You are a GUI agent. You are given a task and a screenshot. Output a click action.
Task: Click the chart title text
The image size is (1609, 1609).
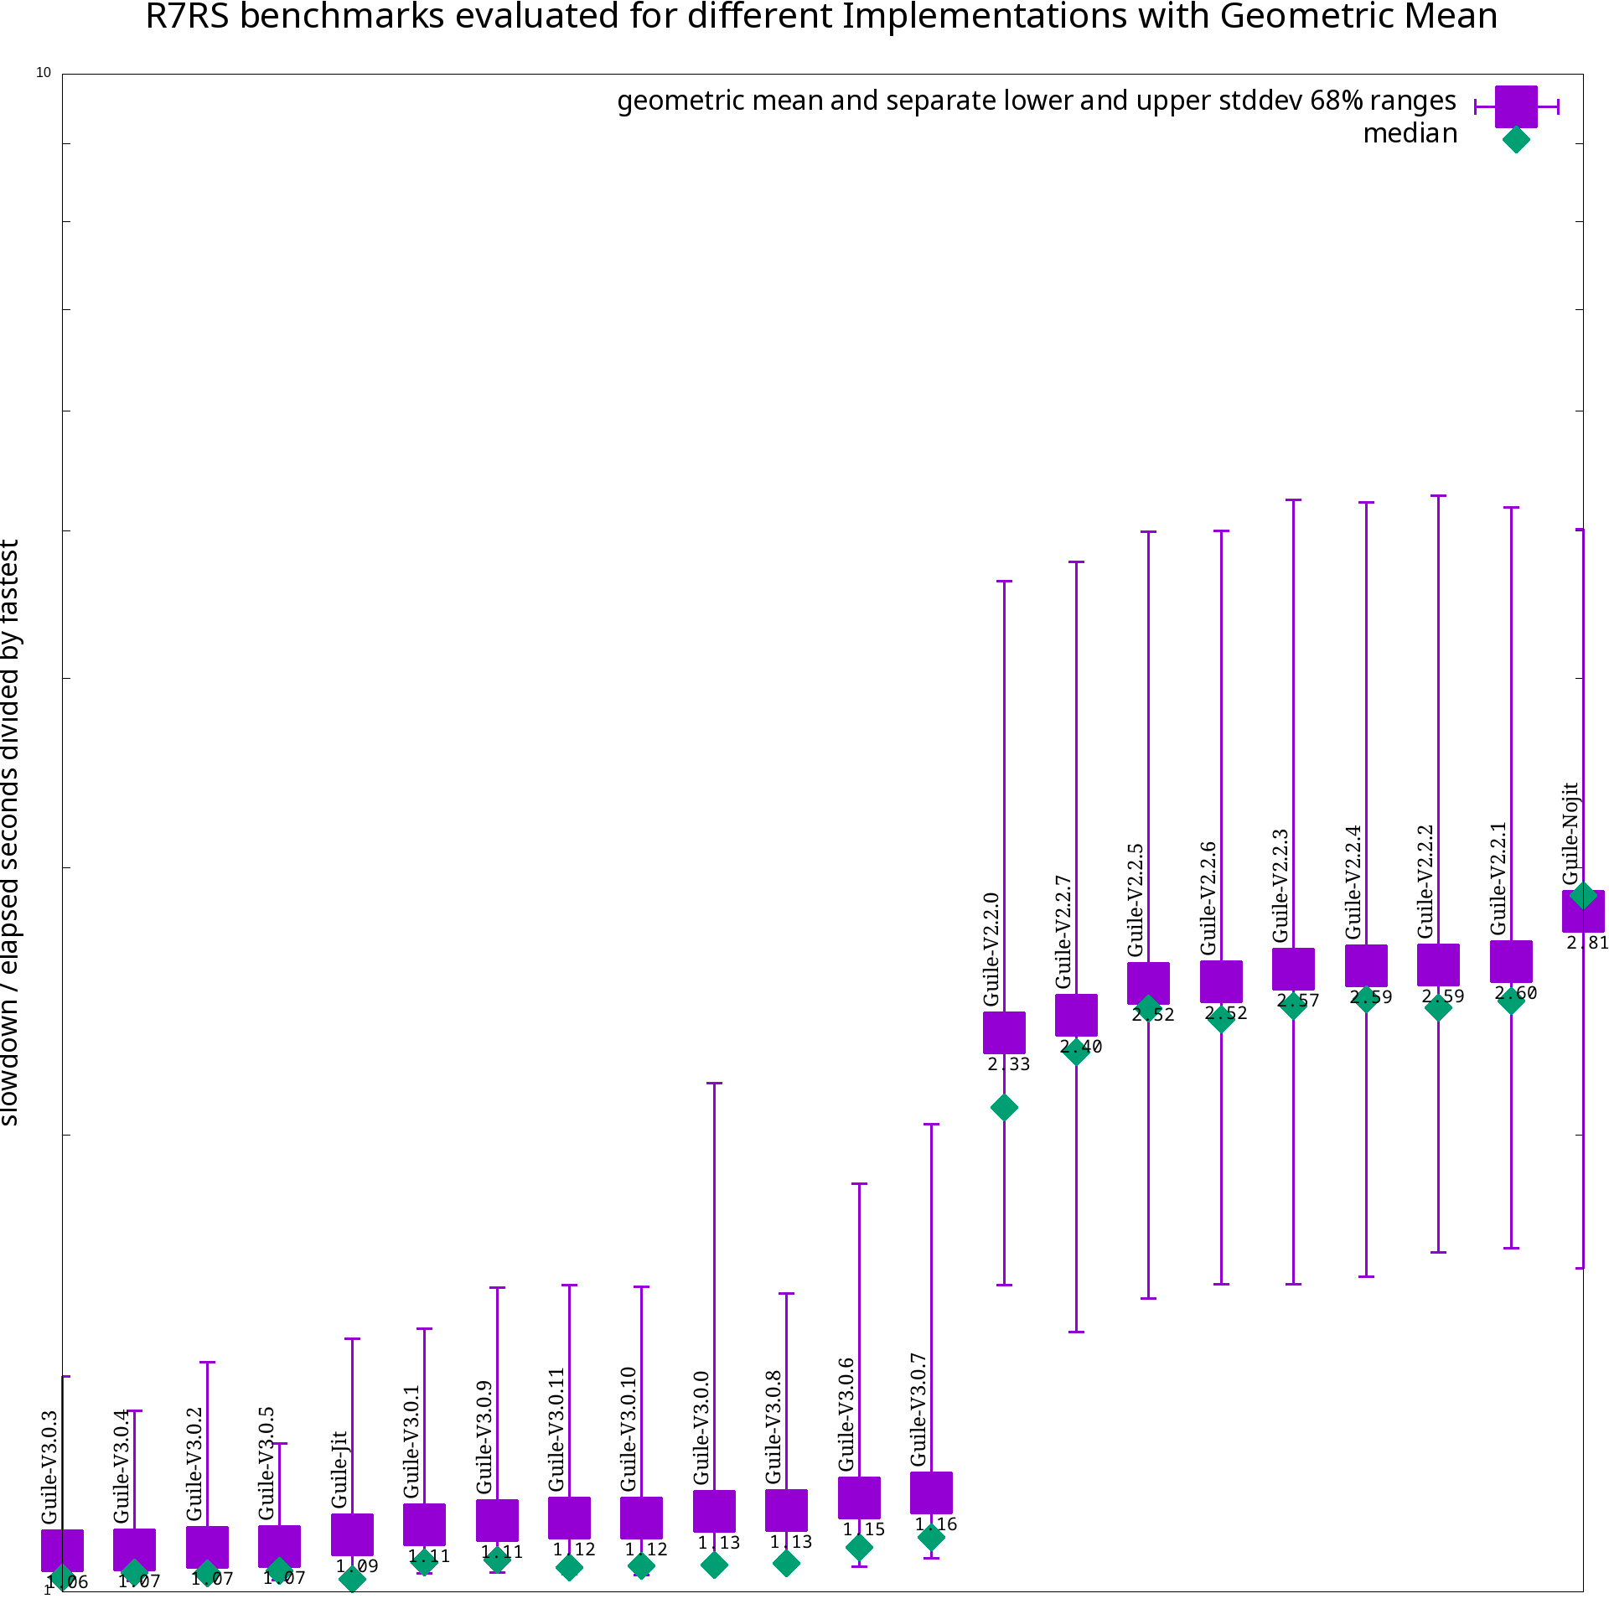(821, 17)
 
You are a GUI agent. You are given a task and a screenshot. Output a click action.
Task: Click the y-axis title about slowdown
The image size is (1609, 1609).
(10, 832)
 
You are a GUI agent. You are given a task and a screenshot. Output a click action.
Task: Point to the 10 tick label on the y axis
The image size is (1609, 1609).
(44, 74)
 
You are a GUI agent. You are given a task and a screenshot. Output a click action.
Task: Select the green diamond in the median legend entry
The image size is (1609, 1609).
(1516, 140)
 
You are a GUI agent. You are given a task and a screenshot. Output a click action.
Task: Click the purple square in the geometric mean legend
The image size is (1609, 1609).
(1516, 106)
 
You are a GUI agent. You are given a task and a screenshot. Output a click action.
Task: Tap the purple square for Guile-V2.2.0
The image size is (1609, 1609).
(1004, 1032)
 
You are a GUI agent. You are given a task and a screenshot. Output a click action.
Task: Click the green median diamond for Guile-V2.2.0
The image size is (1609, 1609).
(1004, 1108)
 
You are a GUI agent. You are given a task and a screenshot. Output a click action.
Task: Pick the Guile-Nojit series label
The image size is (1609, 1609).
(1571, 833)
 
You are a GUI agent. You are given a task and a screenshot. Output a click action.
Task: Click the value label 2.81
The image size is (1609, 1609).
(1587, 943)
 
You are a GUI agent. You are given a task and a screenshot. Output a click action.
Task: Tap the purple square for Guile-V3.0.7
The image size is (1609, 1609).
(931, 1493)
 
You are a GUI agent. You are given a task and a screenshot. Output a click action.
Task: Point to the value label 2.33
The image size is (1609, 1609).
(1008, 1064)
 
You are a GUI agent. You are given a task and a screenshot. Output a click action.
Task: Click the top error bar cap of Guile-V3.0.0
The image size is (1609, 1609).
(714, 1084)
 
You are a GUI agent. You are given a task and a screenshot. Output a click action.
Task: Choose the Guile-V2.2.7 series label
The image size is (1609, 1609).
(1064, 932)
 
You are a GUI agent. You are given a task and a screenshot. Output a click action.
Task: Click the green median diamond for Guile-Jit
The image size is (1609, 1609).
(353, 1580)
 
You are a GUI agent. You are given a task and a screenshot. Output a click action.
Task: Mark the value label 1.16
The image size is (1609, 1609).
(936, 1524)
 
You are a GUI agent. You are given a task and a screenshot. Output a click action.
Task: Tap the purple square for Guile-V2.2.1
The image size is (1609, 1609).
(1511, 961)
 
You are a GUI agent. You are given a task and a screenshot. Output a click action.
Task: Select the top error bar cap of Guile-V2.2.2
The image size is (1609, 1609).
(1439, 496)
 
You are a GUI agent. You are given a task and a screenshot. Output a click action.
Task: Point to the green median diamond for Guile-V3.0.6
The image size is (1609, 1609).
(859, 1547)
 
